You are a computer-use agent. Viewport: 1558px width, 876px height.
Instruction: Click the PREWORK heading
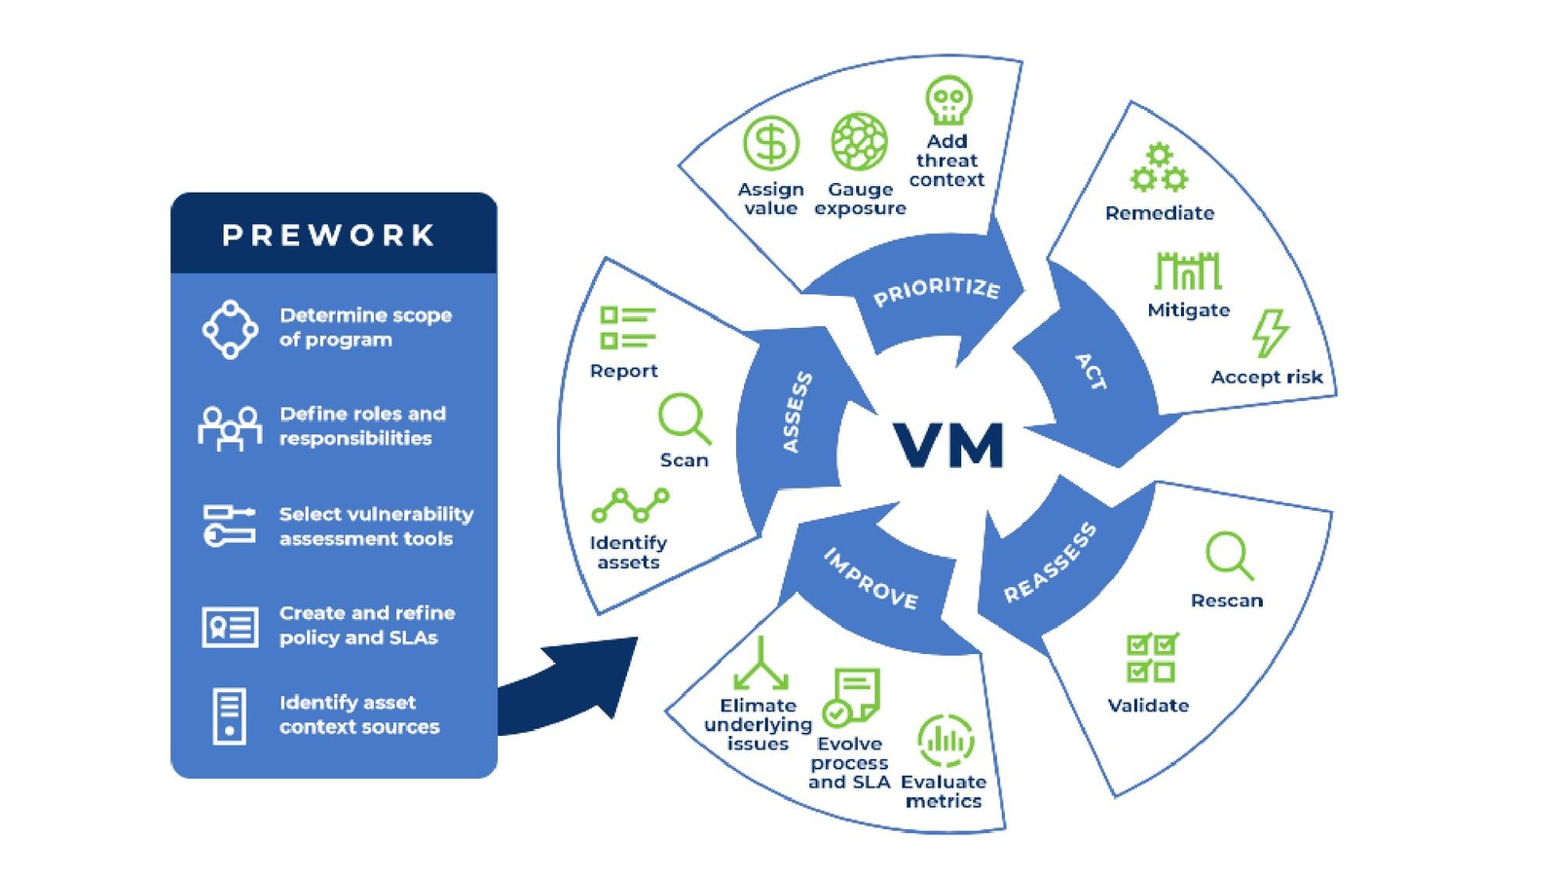pyautogui.click(x=329, y=236)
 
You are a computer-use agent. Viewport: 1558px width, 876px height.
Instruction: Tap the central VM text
pyautogui.click(x=948, y=446)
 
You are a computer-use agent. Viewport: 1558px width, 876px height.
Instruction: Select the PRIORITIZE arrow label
pyautogui.click(x=936, y=291)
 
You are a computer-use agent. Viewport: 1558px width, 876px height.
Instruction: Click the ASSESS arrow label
pyautogui.click(x=798, y=412)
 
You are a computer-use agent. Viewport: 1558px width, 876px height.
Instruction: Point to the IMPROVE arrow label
pyautogui.click(x=871, y=579)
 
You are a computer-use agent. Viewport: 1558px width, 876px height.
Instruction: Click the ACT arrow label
pyautogui.click(x=1091, y=372)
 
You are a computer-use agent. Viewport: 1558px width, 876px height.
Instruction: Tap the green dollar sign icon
pyautogui.click(x=771, y=143)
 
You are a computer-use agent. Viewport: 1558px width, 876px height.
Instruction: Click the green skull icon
pyautogui.click(x=948, y=99)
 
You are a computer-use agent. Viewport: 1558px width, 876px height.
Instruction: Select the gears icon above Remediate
pyautogui.click(x=1159, y=168)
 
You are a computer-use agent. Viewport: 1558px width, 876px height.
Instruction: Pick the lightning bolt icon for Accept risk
pyautogui.click(x=1270, y=334)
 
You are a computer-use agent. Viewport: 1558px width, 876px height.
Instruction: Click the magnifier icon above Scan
pyautogui.click(x=684, y=419)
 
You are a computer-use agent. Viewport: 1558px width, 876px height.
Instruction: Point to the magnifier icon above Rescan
pyautogui.click(x=1229, y=556)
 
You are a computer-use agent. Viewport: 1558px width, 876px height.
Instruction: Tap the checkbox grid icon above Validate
pyautogui.click(x=1152, y=658)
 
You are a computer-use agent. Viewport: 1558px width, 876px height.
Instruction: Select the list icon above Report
pyautogui.click(x=627, y=327)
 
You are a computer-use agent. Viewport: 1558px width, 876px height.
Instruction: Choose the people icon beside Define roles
pyautogui.click(x=230, y=427)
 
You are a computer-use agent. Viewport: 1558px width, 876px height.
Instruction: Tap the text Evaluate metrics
pyautogui.click(x=943, y=791)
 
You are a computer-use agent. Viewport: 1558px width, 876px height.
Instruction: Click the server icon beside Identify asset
pyautogui.click(x=230, y=715)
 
